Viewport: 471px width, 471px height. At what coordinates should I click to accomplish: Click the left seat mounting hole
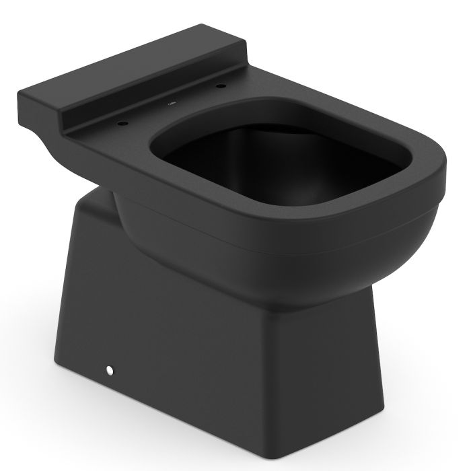coord(122,124)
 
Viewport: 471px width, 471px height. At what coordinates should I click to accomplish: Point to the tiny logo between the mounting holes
coord(171,105)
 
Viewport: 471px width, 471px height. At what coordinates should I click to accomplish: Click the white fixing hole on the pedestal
coord(108,369)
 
